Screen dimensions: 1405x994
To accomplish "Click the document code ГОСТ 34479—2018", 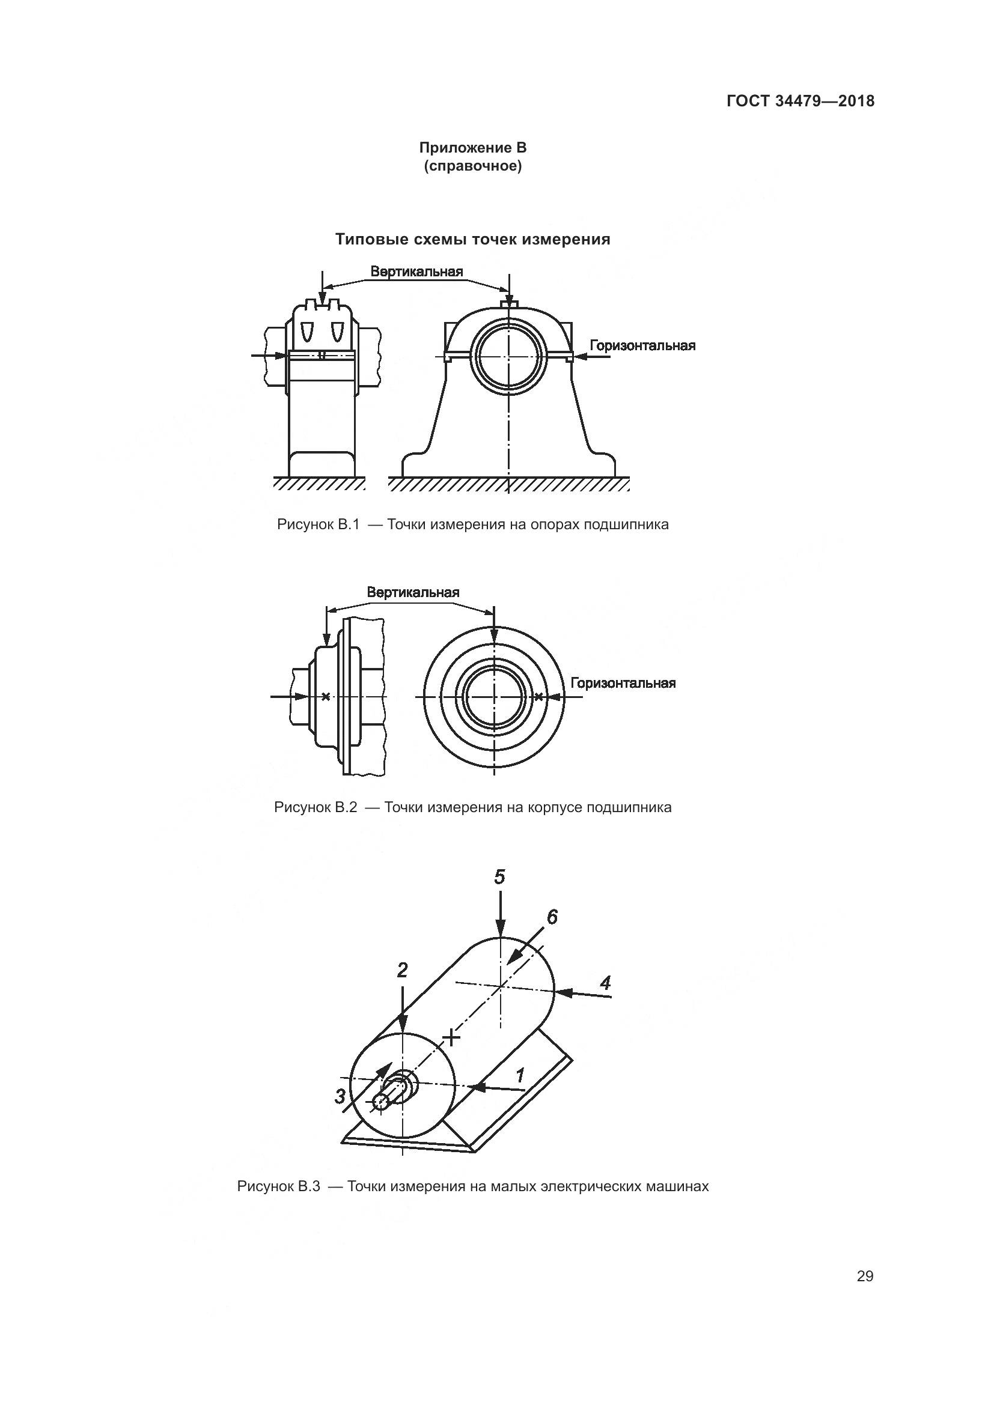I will [x=800, y=101].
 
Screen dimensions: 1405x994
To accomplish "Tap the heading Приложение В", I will [x=472, y=148].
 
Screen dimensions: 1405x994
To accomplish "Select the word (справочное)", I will [x=472, y=166].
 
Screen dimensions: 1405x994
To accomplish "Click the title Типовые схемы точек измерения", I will [x=472, y=239].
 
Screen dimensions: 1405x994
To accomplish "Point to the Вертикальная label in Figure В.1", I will [x=417, y=272].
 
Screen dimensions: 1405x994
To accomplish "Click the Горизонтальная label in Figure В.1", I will [x=642, y=346].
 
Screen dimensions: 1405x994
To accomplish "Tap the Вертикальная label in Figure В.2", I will [x=413, y=592].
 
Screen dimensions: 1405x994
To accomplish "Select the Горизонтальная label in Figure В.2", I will [x=623, y=683].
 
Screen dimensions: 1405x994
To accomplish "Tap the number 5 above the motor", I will [x=500, y=878].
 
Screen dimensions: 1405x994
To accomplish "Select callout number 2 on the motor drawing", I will [x=402, y=970].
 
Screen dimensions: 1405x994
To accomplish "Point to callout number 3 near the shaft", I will [x=340, y=1096].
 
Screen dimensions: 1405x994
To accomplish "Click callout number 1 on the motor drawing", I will [x=520, y=1075].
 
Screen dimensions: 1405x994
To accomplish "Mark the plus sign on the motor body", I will [x=451, y=1037].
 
